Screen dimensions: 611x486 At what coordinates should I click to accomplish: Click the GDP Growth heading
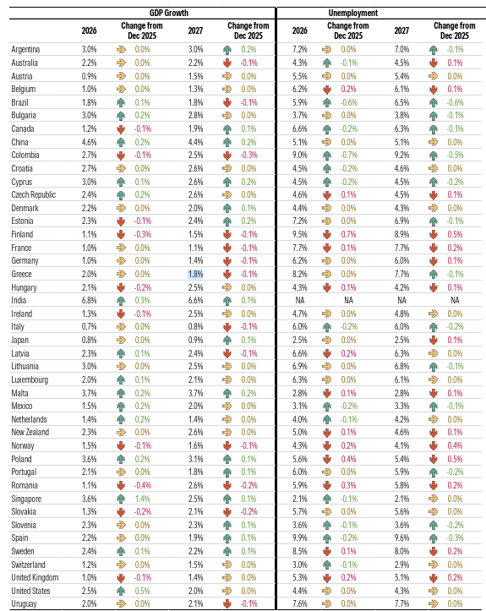click(x=170, y=14)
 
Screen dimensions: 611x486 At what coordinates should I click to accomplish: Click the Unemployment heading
click(x=377, y=14)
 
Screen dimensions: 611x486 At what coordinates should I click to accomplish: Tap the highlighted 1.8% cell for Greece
click(x=195, y=275)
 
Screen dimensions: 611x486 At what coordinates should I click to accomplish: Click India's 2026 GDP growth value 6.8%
click(x=89, y=300)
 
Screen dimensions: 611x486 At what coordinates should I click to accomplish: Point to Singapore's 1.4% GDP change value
click(x=141, y=499)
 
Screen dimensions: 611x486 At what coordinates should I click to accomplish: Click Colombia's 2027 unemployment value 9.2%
click(x=401, y=155)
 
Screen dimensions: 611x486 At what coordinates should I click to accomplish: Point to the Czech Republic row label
click(x=34, y=194)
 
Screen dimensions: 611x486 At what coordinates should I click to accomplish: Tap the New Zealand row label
click(x=30, y=432)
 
